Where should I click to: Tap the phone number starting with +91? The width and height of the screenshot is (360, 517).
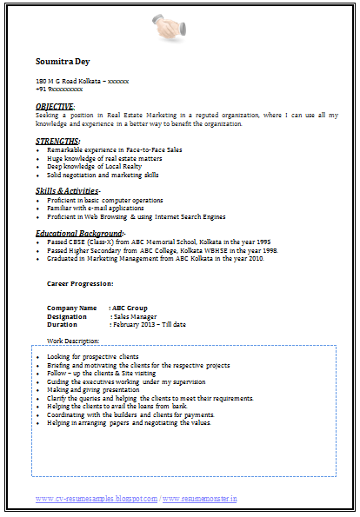click(x=59, y=89)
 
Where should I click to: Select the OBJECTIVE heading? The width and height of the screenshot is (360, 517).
click(x=55, y=106)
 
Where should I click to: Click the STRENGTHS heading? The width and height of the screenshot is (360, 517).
click(x=57, y=141)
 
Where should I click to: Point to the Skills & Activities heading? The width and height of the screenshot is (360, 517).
click(x=68, y=190)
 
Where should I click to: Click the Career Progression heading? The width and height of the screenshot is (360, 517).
click(x=79, y=283)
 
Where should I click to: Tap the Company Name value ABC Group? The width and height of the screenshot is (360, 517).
click(x=130, y=308)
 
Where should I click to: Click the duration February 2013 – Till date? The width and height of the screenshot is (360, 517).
click(x=148, y=324)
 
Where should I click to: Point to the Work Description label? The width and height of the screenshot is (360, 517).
click(x=73, y=341)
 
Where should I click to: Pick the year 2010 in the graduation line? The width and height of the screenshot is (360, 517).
click(x=256, y=258)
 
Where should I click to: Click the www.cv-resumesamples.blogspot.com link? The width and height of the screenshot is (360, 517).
click(x=96, y=499)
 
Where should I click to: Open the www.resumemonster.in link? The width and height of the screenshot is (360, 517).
click(x=199, y=499)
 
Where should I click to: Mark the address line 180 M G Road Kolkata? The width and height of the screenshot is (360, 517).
click(x=82, y=81)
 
